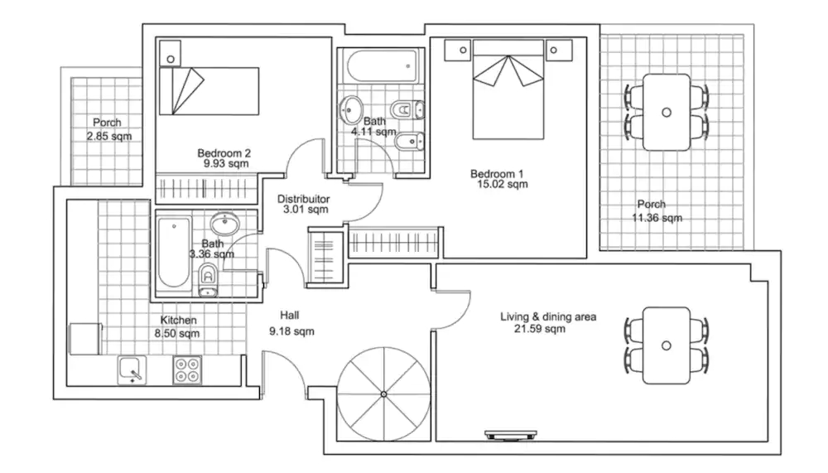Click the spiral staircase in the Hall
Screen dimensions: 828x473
click(384, 394)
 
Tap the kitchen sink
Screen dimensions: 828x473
click(132, 369)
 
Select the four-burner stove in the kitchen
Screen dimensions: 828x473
click(187, 369)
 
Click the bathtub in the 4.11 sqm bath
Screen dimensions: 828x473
click(382, 66)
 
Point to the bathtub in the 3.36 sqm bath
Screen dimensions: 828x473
click(174, 252)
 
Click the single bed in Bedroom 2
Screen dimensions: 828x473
click(209, 91)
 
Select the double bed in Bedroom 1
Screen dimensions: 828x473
click(508, 89)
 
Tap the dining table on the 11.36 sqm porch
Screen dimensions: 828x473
click(667, 112)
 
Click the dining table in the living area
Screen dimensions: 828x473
click(667, 345)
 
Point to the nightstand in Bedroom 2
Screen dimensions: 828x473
click(170, 53)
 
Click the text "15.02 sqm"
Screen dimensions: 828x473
click(503, 185)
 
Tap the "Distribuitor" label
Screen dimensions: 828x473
click(304, 200)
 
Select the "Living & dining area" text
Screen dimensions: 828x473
click(548, 317)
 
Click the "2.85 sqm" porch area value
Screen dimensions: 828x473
click(109, 137)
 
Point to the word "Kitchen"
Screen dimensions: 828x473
click(179, 321)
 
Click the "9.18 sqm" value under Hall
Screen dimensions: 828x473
click(291, 331)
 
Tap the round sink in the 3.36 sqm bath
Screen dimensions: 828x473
click(225, 223)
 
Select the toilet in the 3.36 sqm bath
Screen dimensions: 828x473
click(208, 279)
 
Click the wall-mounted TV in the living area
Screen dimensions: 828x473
click(511, 436)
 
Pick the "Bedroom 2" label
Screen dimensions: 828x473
click(224, 153)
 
